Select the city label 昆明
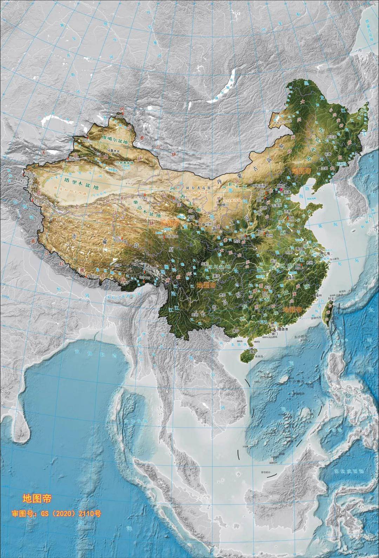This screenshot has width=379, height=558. (195, 315)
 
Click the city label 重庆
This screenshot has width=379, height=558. (215, 276)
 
